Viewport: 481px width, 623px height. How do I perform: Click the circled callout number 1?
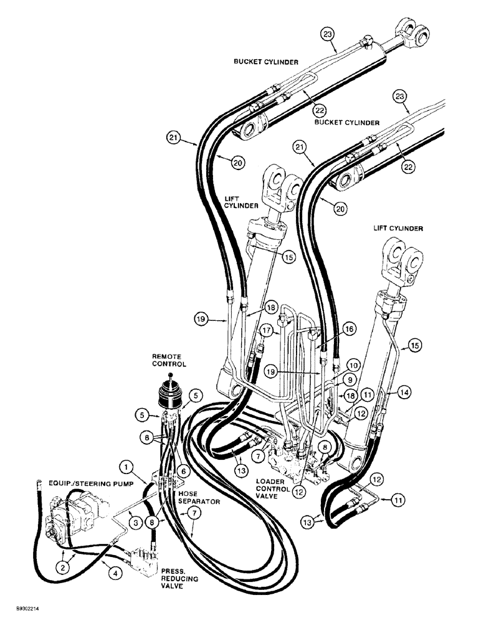(127, 465)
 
